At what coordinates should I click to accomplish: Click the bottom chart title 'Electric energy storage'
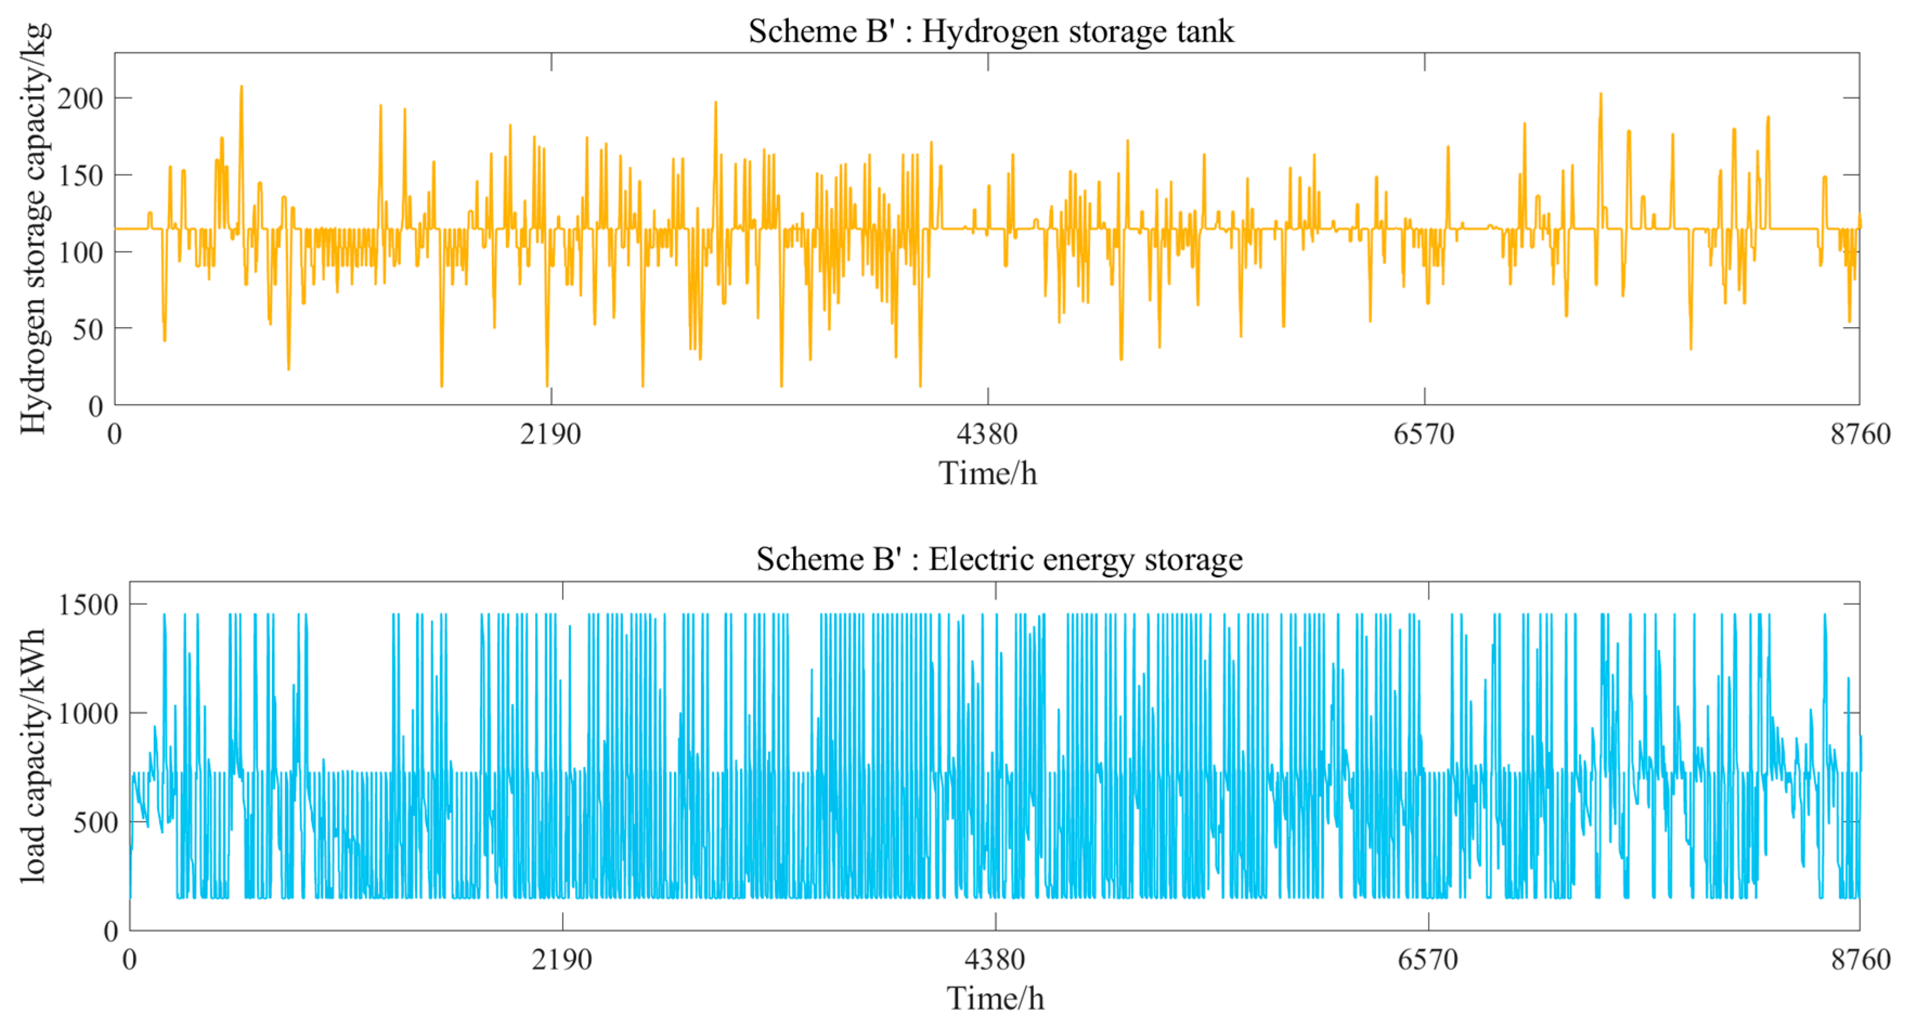(x=999, y=559)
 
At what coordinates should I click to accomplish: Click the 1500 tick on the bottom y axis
(x=88, y=605)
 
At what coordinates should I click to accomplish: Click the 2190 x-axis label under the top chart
(x=550, y=434)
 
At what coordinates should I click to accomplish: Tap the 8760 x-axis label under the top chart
(x=1860, y=434)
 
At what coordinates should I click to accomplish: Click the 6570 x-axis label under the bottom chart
(x=1427, y=960)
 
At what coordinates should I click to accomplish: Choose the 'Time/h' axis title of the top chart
(x=988, y=474)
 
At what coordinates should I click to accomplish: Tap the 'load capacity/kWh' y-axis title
(x=34, y=755)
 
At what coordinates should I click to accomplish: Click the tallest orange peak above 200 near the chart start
(x=241, y=87)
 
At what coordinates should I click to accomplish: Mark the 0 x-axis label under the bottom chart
(x=129, y=960)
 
